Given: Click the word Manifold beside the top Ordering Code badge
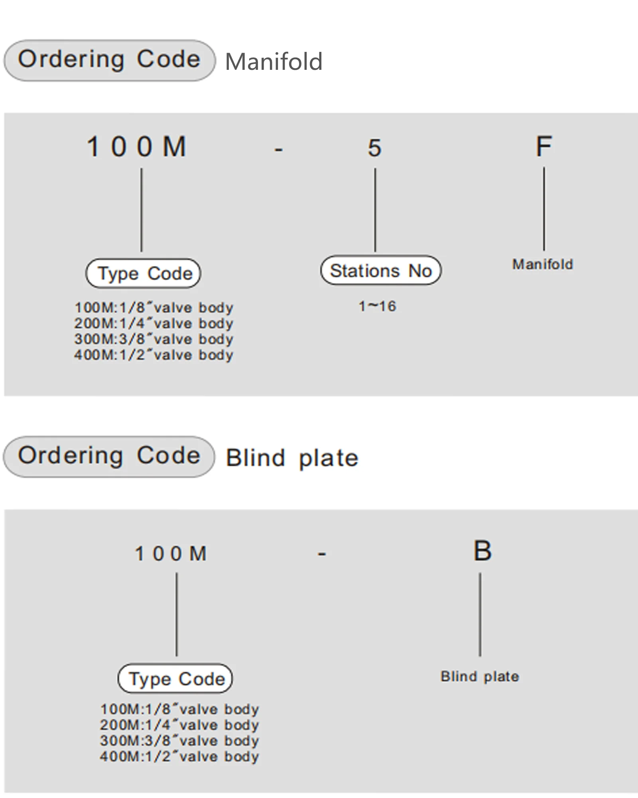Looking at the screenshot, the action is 274,62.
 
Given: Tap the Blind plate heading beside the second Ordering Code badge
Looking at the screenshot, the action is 292,458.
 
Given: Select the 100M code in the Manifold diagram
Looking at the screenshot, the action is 137,146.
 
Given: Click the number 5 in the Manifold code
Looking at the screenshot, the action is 374,148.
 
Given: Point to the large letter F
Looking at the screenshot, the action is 543,146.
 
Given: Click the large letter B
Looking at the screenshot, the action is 482,551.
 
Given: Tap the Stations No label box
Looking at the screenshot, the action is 381,271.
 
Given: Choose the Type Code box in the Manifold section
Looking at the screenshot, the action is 144,274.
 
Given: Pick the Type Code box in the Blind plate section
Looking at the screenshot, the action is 175,679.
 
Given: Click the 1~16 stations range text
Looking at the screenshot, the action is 377,306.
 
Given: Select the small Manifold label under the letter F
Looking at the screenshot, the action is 543,264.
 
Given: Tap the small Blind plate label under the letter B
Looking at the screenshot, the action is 480,676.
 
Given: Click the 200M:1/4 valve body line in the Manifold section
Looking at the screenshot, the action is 154,323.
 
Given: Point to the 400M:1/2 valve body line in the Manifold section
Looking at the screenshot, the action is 154,355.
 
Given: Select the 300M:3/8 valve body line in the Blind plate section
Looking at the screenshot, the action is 179,741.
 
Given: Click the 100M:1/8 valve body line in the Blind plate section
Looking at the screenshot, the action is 179,709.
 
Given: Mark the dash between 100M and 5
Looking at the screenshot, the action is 279,150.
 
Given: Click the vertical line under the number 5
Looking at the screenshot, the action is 375,209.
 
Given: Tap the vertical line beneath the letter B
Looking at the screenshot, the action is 480,614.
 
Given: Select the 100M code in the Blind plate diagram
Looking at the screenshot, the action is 171,554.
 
